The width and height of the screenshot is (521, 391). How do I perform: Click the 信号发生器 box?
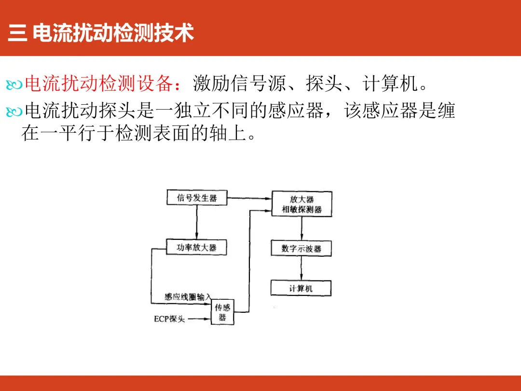pos(196,197)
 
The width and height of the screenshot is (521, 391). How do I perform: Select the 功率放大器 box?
pos(196,248)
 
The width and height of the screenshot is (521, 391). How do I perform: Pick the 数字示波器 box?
pos(302,249)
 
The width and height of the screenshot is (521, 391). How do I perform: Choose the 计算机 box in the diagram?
pos(302,288)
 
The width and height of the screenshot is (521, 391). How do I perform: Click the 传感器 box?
pos(222,312)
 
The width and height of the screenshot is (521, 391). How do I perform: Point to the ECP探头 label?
pos(169,319)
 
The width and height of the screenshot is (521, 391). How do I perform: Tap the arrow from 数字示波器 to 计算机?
pos(302,268)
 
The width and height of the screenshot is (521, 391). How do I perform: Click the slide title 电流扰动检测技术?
pos(113,34)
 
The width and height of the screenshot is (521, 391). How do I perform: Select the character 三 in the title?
pos(17,34)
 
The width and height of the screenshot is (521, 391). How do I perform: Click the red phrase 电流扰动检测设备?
pos(98,84)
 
